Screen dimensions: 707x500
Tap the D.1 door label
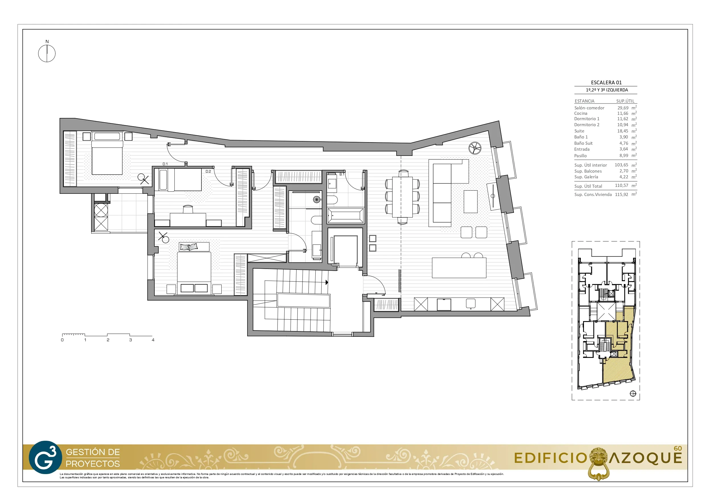[165, 164]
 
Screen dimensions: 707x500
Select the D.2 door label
[208, 172]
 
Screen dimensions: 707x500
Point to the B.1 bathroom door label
[342, 174]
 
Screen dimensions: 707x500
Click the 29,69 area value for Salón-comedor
[623, 108]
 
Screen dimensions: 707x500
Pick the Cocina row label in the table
[581, 113]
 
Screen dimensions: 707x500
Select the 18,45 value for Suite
[623, 131]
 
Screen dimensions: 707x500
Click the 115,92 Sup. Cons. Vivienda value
[621, 194]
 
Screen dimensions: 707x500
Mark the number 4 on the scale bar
[153, 340]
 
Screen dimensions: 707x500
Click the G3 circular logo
[45, 457]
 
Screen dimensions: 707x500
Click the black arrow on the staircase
[327, 282]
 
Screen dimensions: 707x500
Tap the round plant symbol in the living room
[475, 148]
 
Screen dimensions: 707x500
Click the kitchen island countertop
[459, 268]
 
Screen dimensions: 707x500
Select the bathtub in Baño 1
[346, 215]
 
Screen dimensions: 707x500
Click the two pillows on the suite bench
[189, 247]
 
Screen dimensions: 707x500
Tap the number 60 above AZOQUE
[678, 448]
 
